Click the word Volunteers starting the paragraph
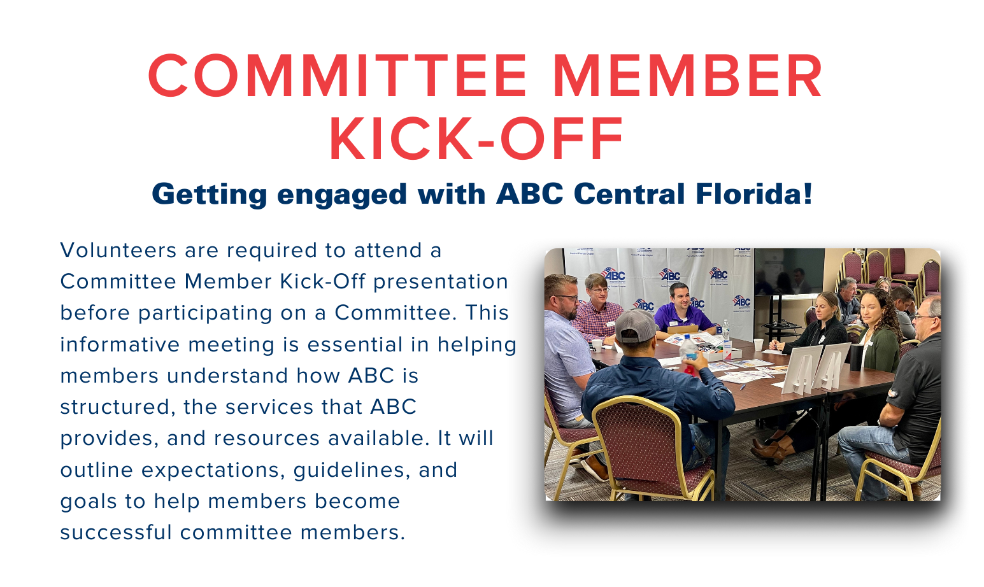(118, 250)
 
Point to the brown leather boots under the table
(772, 449)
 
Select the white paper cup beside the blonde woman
(758, 344)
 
